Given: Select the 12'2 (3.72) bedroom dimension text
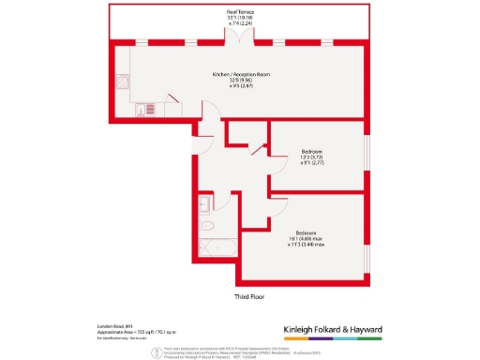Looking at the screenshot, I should click(312, 156).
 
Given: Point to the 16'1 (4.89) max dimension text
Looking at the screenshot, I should click(311, 238).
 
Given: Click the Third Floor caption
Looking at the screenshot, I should click(249, 296).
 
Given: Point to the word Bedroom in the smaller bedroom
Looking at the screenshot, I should click(312, 149).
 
